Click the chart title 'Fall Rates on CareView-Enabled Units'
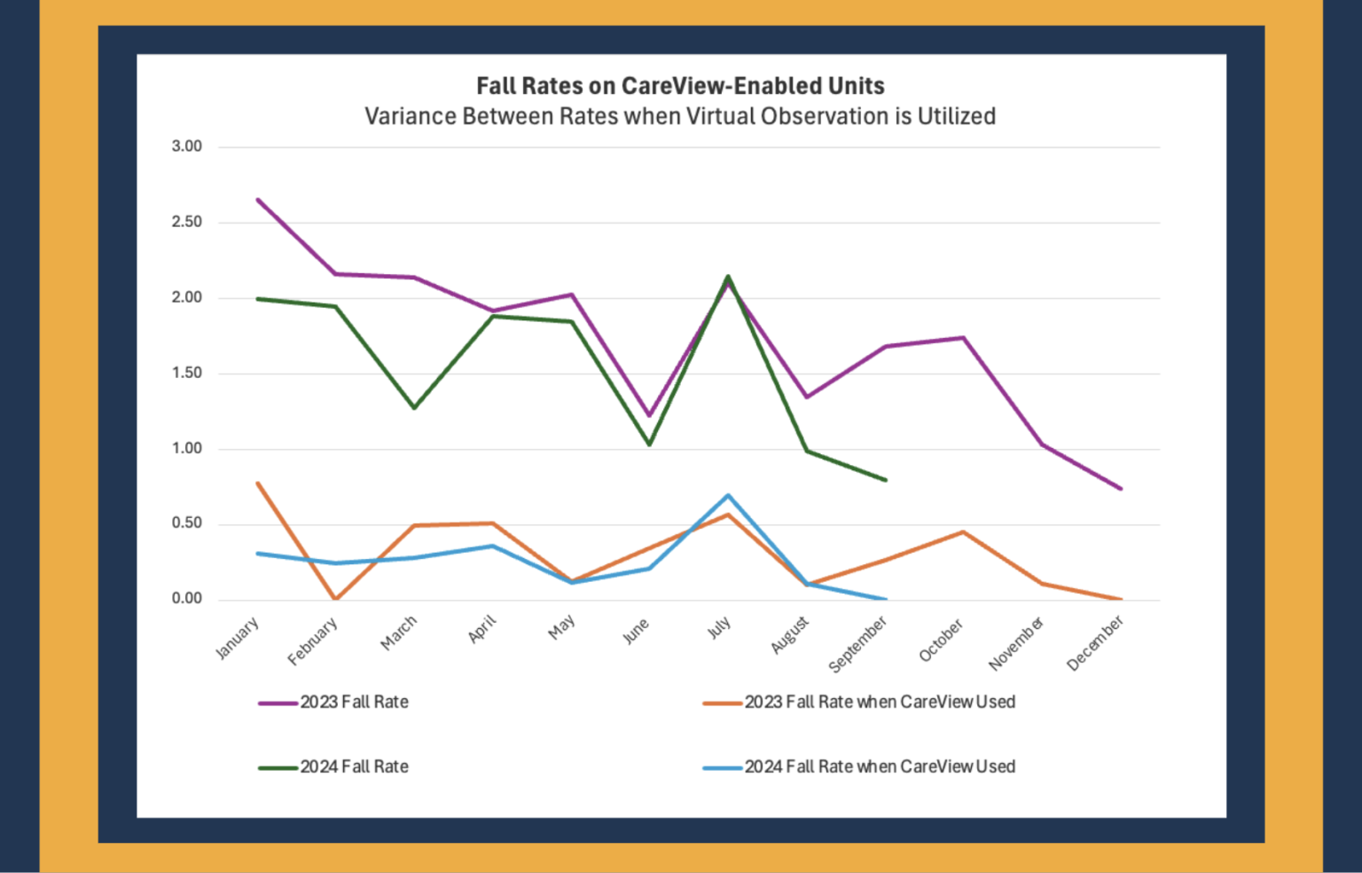(x=680, y=86)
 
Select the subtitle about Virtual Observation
(x=680, y=116)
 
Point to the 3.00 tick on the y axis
(x=187, y=146)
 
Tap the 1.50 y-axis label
(x=187, y=373)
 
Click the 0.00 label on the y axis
(x=187, y=599)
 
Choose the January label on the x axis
(x=238, y=638)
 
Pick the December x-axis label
(x=1095, y=643)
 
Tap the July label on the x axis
(x=719, y=627)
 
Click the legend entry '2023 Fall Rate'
(x=354, y=702)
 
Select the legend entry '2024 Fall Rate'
(x=354, y=767)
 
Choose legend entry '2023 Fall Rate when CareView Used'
(x=879, y=702)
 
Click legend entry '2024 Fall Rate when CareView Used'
(x=879, y=767)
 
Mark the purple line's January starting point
(x=258, y=200)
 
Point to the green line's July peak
(x=728, y=276)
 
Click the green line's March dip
(x=414, y=408)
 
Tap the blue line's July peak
(x=728, y=495)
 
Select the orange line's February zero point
(x=336, y=599)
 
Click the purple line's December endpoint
(x=1121, y=489)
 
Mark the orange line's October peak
(x=963, y=531)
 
